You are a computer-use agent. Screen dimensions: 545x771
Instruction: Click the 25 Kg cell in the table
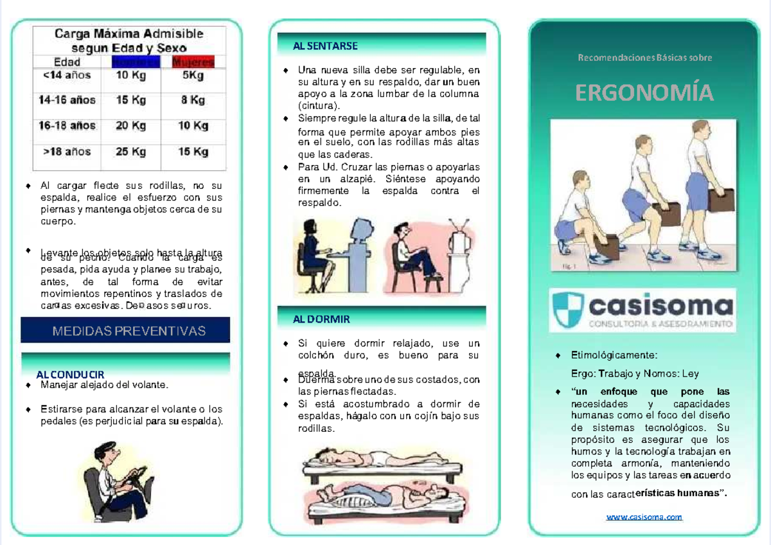(130, 152)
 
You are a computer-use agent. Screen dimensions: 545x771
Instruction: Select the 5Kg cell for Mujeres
(193, 76)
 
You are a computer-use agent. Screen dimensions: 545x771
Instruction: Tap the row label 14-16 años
(67, 100)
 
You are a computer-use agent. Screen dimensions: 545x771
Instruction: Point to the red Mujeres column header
(193, 62)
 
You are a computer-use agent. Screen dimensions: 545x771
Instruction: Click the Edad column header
(67, 62)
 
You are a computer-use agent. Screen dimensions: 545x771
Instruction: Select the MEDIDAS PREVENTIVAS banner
(126, 331)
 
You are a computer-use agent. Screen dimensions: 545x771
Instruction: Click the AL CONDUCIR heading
(70, 375)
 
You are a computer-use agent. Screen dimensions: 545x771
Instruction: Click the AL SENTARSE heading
(325, 46)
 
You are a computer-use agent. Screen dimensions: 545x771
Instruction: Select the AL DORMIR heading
(321, 319)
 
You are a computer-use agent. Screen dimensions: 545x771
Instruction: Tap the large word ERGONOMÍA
(644, 94)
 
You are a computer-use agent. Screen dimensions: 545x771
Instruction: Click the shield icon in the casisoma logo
(567, 310)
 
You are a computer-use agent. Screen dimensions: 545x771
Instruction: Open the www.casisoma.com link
(644, 517)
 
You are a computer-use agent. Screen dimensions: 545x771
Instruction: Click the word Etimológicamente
(614, 355)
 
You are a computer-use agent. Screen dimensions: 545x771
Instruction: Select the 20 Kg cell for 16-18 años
(130, 127)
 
